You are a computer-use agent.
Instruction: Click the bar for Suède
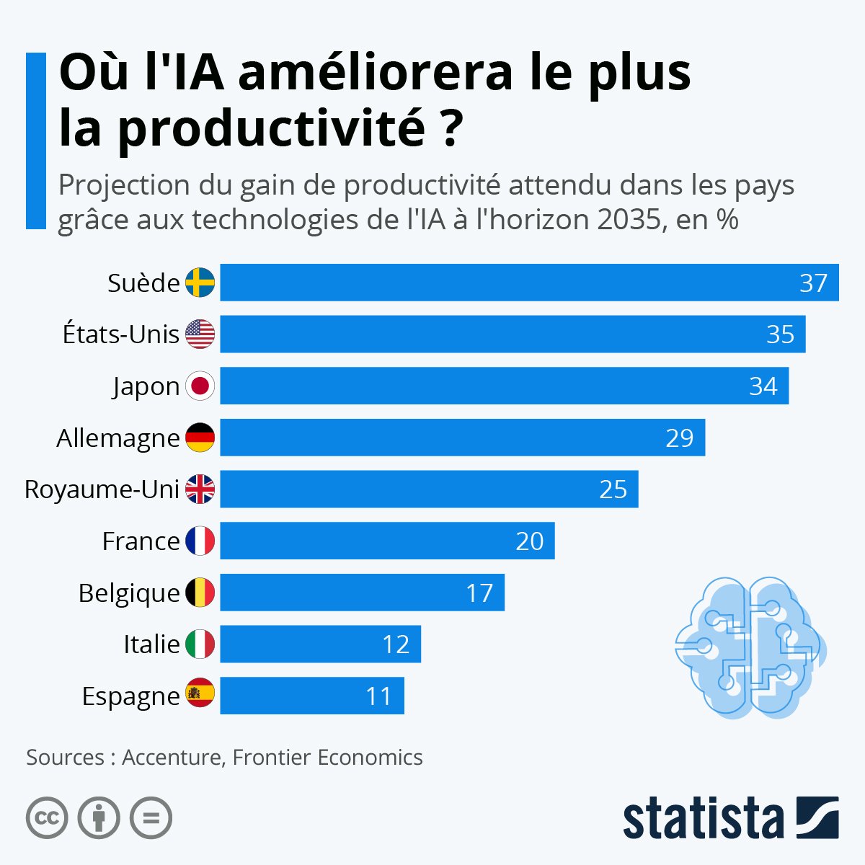click(x=529, y=283)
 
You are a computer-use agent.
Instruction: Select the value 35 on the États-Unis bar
click(x=780, y=334)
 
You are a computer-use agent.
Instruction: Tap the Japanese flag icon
click(x=200, y=386)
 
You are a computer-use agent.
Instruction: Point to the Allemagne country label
click(x=118, y=438)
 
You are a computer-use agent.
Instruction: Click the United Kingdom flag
click(x=200, y=489)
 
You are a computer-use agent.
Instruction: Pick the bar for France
click(x=387, y=541)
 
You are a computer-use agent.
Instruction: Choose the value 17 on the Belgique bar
click(x=479, y=593)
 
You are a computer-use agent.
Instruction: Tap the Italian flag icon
click(x=200, y=644)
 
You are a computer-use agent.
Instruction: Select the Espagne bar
click(x=312, y=696)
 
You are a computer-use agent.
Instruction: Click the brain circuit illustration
click(x=750, y=647)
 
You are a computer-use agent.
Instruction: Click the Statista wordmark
click(x=703, y=819)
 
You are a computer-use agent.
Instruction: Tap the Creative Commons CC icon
click(x=47, y=818)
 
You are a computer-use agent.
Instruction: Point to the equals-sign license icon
click(x=151, y=818)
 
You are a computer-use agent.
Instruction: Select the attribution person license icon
click(x=99, y=818)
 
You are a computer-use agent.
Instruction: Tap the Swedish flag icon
click(x=200, y=283)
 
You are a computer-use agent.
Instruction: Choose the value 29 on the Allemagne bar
click(x=679, y=438)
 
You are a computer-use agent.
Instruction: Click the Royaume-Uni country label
click(x=102, y=489)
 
